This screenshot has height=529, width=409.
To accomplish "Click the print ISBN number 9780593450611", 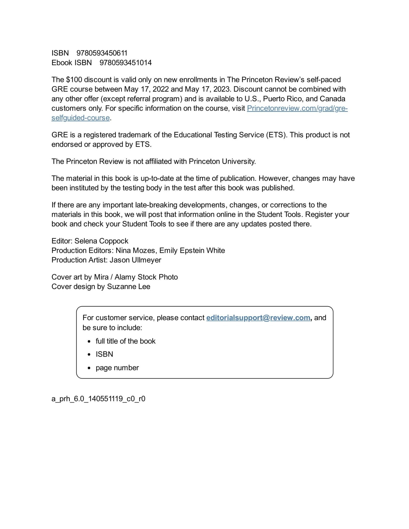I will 102,53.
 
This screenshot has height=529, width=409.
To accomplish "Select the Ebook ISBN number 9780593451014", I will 126,63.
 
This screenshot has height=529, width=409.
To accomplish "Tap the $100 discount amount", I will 74,80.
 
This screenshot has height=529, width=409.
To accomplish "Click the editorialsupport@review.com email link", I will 258,318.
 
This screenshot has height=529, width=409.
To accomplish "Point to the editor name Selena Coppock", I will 101,241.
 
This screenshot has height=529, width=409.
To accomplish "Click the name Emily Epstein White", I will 192,251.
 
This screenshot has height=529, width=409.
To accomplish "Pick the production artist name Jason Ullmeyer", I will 135,260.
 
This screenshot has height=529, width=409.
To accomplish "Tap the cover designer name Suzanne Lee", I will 128,287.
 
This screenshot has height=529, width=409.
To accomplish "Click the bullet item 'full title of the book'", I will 125,341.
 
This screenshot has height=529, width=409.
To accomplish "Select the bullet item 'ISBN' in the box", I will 104,354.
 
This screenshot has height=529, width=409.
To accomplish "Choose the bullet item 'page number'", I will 117,368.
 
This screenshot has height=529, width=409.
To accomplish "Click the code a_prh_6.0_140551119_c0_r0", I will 98,399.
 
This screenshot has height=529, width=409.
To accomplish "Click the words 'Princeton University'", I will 222,161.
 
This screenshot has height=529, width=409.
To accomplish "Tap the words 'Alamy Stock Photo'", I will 146,277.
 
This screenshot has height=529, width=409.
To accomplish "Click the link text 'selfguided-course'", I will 81,118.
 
